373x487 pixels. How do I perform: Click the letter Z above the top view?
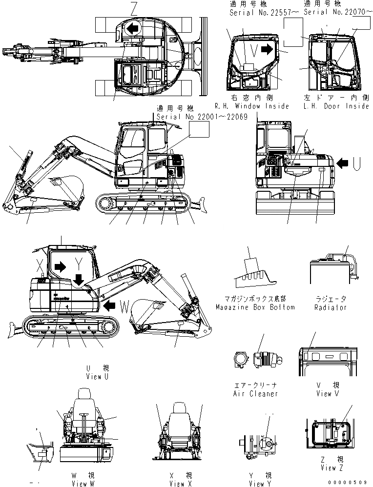click(134, 7)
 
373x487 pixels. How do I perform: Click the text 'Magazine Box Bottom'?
click(255, 307)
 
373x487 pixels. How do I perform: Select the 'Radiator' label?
click(331, 307)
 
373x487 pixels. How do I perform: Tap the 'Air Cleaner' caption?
click(255, 393)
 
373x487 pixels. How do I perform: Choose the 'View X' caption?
click(177, 484)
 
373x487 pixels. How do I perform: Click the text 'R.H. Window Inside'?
click(252, 106)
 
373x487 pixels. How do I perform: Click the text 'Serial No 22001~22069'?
click(202, 117)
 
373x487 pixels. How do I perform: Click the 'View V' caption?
click(324, 393)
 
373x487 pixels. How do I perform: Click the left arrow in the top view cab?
click(131, 29)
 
